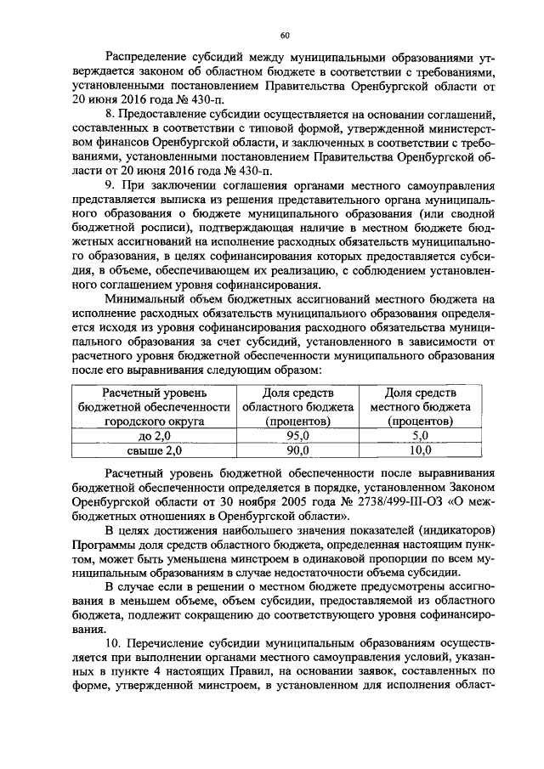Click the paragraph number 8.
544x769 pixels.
tap(106, 114)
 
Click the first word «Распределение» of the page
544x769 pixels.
tap(147, 58)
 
